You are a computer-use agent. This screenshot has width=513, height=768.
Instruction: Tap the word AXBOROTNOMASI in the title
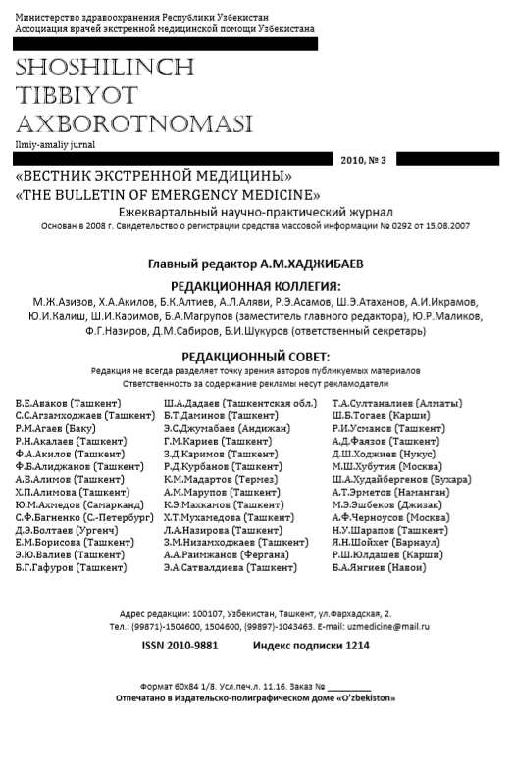click(x=132, y=124)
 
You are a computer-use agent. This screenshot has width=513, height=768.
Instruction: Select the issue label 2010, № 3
click(x=363, y=158)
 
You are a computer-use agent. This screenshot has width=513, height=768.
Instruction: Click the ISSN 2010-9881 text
click(x=180, y=647)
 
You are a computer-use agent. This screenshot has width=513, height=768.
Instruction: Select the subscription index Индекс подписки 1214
click(x=311, y=647)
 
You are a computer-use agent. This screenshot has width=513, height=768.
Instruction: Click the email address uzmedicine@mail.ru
click(x=388, y=626)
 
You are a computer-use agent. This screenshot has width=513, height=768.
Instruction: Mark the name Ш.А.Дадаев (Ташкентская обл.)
click(x=239, y=403)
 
